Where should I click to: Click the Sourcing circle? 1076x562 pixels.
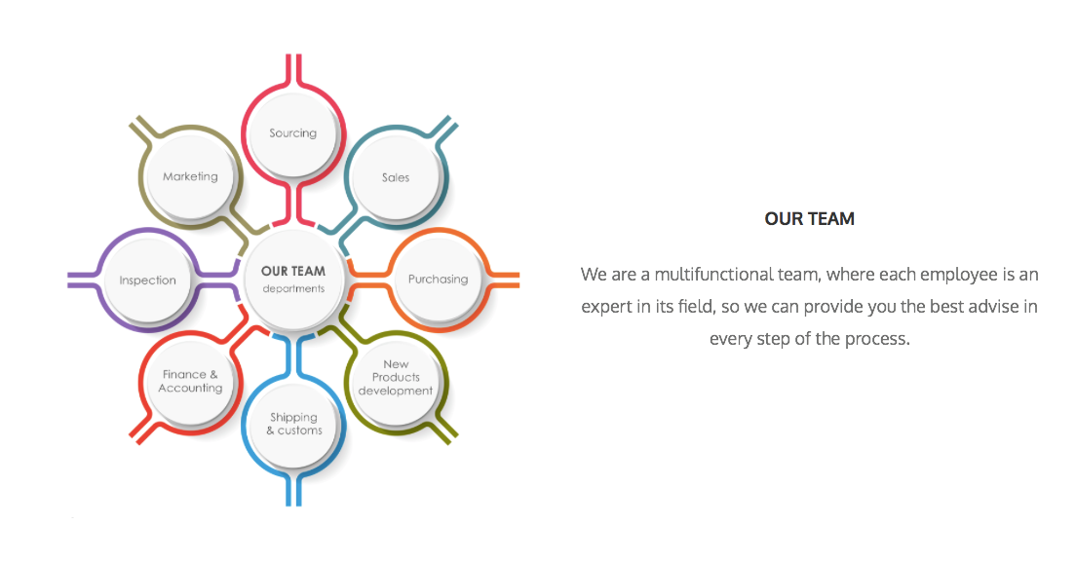tap(293, 133)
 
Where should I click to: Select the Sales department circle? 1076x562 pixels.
tap(396, 177)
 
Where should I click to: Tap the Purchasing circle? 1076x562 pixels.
tap(438, 279)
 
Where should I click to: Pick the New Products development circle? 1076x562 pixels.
tap(396, 378)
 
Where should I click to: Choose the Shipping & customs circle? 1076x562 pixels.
tap(293, 424)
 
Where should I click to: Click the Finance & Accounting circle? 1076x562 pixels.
tap(190, 381)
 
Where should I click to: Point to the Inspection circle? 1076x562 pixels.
tap(147, 281)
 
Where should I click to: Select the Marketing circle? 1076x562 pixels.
tap(190, 176)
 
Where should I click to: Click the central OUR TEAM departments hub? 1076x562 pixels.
tap(293, 280)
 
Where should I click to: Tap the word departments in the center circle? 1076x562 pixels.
tap(293, 288)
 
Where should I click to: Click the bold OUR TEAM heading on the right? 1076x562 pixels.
tap(810, 218)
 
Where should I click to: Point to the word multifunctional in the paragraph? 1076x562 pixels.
tap(713, 274)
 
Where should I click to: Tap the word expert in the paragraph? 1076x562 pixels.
tap(606, 307)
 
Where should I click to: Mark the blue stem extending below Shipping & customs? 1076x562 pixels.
tap(293, 489)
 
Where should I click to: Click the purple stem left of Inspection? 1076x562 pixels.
tap(84, 281)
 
